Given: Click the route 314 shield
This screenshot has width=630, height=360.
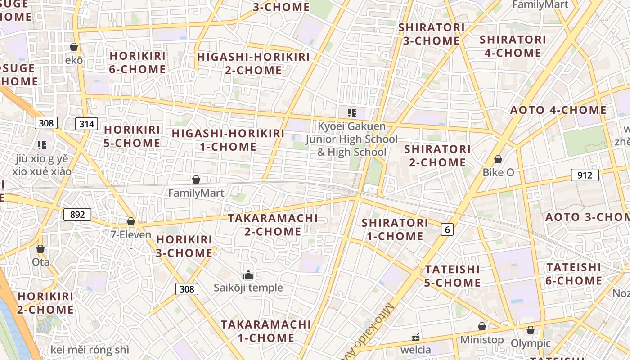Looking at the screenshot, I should pos(86,124).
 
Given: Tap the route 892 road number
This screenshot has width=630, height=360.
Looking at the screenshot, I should pos(77,215).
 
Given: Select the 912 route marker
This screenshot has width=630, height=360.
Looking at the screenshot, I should pos(585,175).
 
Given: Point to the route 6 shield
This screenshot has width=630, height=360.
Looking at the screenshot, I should pos(446,229).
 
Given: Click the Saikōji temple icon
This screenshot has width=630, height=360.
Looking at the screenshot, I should pos(248,274).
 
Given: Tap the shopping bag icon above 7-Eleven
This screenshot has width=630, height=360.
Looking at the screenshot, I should pos(131,221).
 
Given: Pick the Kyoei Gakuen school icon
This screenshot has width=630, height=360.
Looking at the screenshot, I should pos(351,113).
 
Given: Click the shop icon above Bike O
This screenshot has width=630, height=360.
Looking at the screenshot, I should pos(498,159).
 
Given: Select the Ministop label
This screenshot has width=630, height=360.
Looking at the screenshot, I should pos(481,339).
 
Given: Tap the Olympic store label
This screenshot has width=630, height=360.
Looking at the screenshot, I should pos(531,343).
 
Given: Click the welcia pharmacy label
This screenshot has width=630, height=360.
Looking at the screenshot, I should pos(415,349).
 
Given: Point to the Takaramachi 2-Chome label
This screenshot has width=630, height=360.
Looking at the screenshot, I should pos(273,225).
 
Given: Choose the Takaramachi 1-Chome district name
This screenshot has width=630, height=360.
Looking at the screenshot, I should pos(266,331).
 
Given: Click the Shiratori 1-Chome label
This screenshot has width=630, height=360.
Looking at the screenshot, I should pos(395,229).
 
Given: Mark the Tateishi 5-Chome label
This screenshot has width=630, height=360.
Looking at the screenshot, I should pos(453,276).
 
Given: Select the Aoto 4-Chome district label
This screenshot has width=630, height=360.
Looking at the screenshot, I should pos(558,110).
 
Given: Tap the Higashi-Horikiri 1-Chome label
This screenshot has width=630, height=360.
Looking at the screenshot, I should pos(228,140).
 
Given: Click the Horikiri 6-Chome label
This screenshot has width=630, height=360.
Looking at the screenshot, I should pos(138,63).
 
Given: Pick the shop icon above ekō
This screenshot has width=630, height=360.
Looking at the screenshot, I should pos(74,47).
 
